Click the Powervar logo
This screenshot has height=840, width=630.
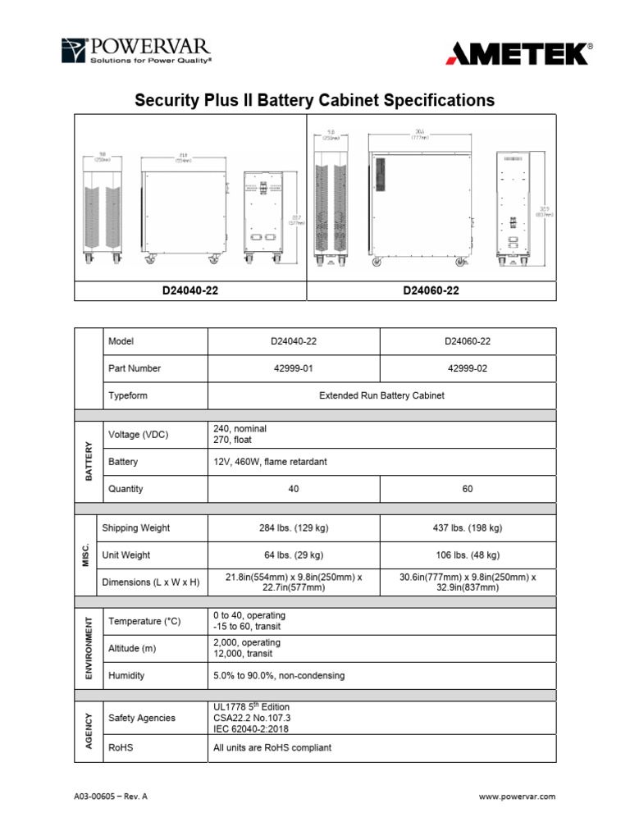[x=136, y=51]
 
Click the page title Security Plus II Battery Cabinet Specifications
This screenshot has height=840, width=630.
[x=314, y=100]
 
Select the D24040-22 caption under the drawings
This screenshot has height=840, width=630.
[x=189, y=291]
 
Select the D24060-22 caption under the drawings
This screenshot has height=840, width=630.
[x=431, y=291]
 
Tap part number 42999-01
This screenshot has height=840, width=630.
[x=294, y=368]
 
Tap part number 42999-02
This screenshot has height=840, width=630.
[x=468, y=368]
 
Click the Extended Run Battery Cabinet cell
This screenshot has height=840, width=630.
[x=381, y=395]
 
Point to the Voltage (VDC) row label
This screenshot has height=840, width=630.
[x=138, y=435]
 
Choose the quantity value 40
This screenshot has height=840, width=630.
[x=294, y=489]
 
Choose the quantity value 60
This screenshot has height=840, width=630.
[x=468, y=489]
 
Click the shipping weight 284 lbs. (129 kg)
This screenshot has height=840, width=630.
[x=294, y=528]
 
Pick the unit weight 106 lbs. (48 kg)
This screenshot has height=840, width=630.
[x=468, y=555]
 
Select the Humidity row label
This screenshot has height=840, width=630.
[x=126, y=676]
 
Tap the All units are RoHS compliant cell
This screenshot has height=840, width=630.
[x=272, y=748]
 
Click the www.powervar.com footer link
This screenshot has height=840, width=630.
[x=517, y=797]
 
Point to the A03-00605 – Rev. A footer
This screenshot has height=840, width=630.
[x=111, y=797]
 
